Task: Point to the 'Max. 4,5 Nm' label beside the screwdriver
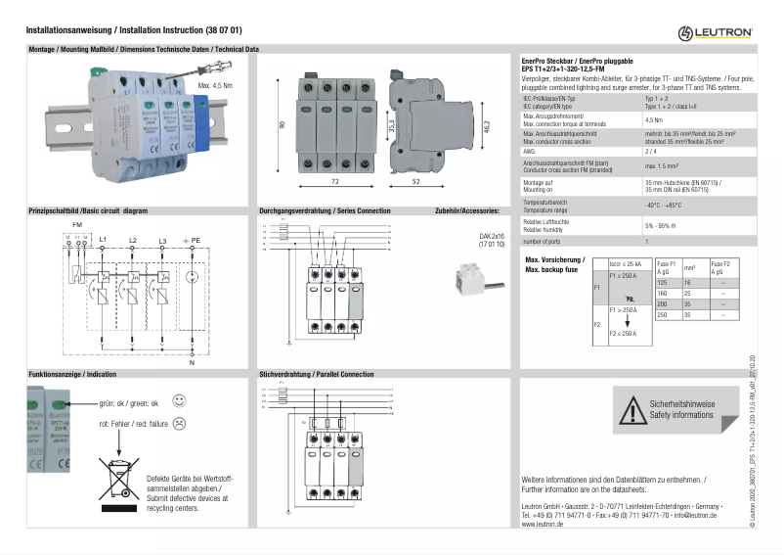[216, 86]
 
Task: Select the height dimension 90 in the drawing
[281, 125]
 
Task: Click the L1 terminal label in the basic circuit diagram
[103, 240]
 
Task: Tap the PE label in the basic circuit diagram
[195, 240]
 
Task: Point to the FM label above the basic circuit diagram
[76, 225]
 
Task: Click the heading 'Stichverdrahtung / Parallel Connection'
[317, 374]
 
